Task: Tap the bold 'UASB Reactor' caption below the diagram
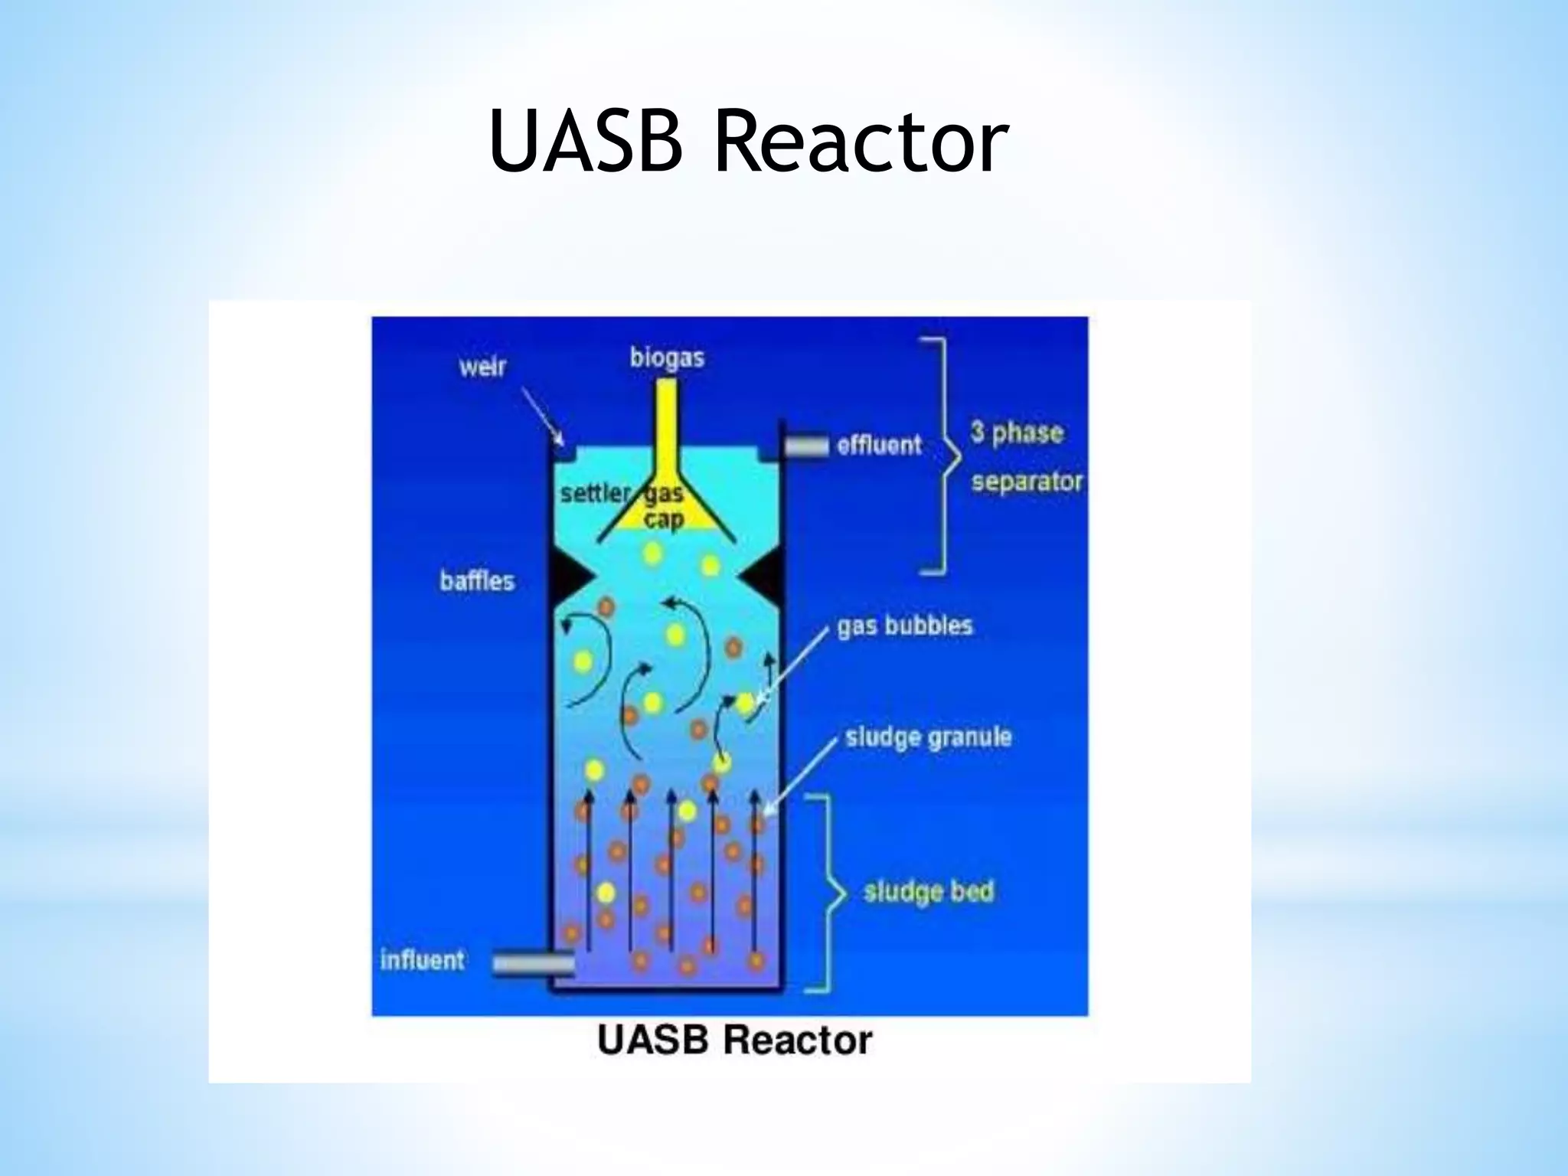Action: tap(734, 1040)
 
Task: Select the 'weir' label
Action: tap(483, 367)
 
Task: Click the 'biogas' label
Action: tap(667, 358)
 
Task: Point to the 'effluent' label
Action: tap(879, 445)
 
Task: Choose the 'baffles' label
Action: tap(477, 581)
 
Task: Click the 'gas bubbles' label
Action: tap(904, 626)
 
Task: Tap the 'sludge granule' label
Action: tap(928, 737)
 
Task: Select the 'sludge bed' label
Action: tap(928, 892)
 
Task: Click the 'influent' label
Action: tap(422, 959)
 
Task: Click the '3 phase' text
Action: tap(1017, 433)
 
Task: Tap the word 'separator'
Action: tap(1027, 482)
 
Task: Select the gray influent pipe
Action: tap(531, 963)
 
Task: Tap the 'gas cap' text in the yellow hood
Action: tap(663, 507)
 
